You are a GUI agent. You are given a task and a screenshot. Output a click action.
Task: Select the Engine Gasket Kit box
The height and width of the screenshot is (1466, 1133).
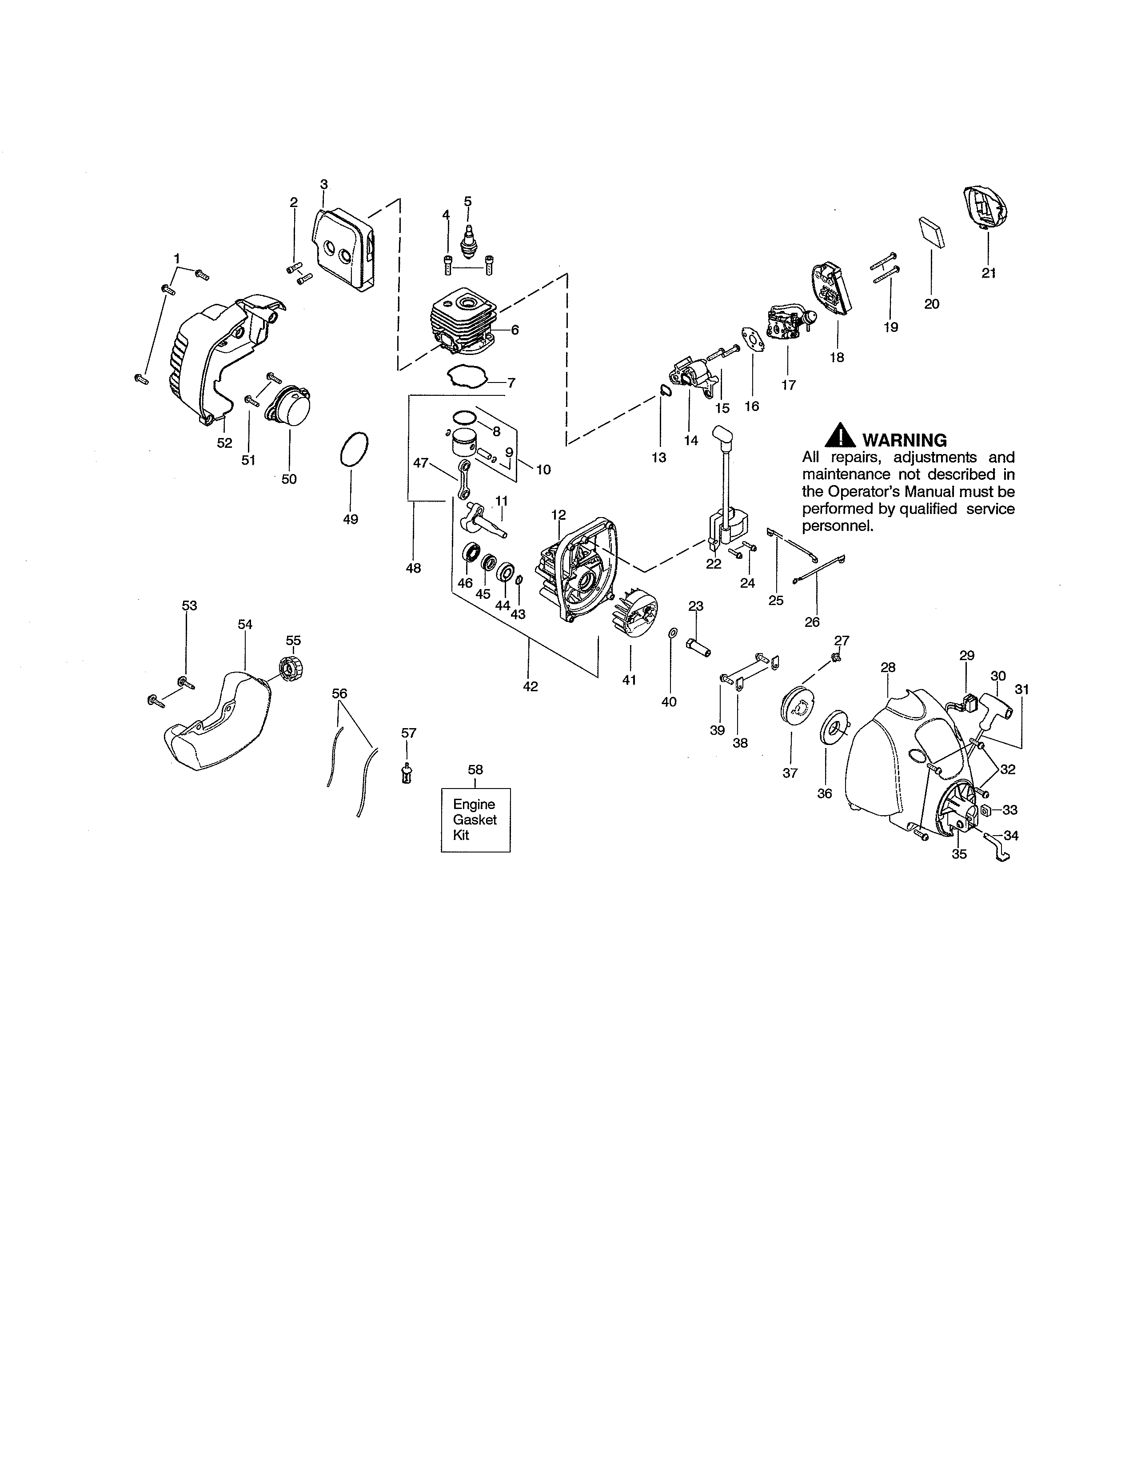[475, 820]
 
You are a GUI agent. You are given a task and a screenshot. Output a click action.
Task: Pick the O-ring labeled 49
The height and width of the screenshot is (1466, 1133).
[354, 449]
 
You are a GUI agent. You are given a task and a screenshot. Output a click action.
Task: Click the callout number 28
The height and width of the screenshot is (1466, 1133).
[888, 667]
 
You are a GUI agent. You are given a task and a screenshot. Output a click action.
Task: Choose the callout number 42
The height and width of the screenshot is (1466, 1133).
[530, 687]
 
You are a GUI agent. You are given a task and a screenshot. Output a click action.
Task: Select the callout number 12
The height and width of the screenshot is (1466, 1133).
[559, 515]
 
